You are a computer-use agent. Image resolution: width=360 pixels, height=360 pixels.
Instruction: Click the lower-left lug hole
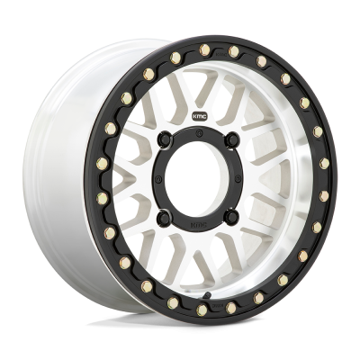click(x=176, y=214)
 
